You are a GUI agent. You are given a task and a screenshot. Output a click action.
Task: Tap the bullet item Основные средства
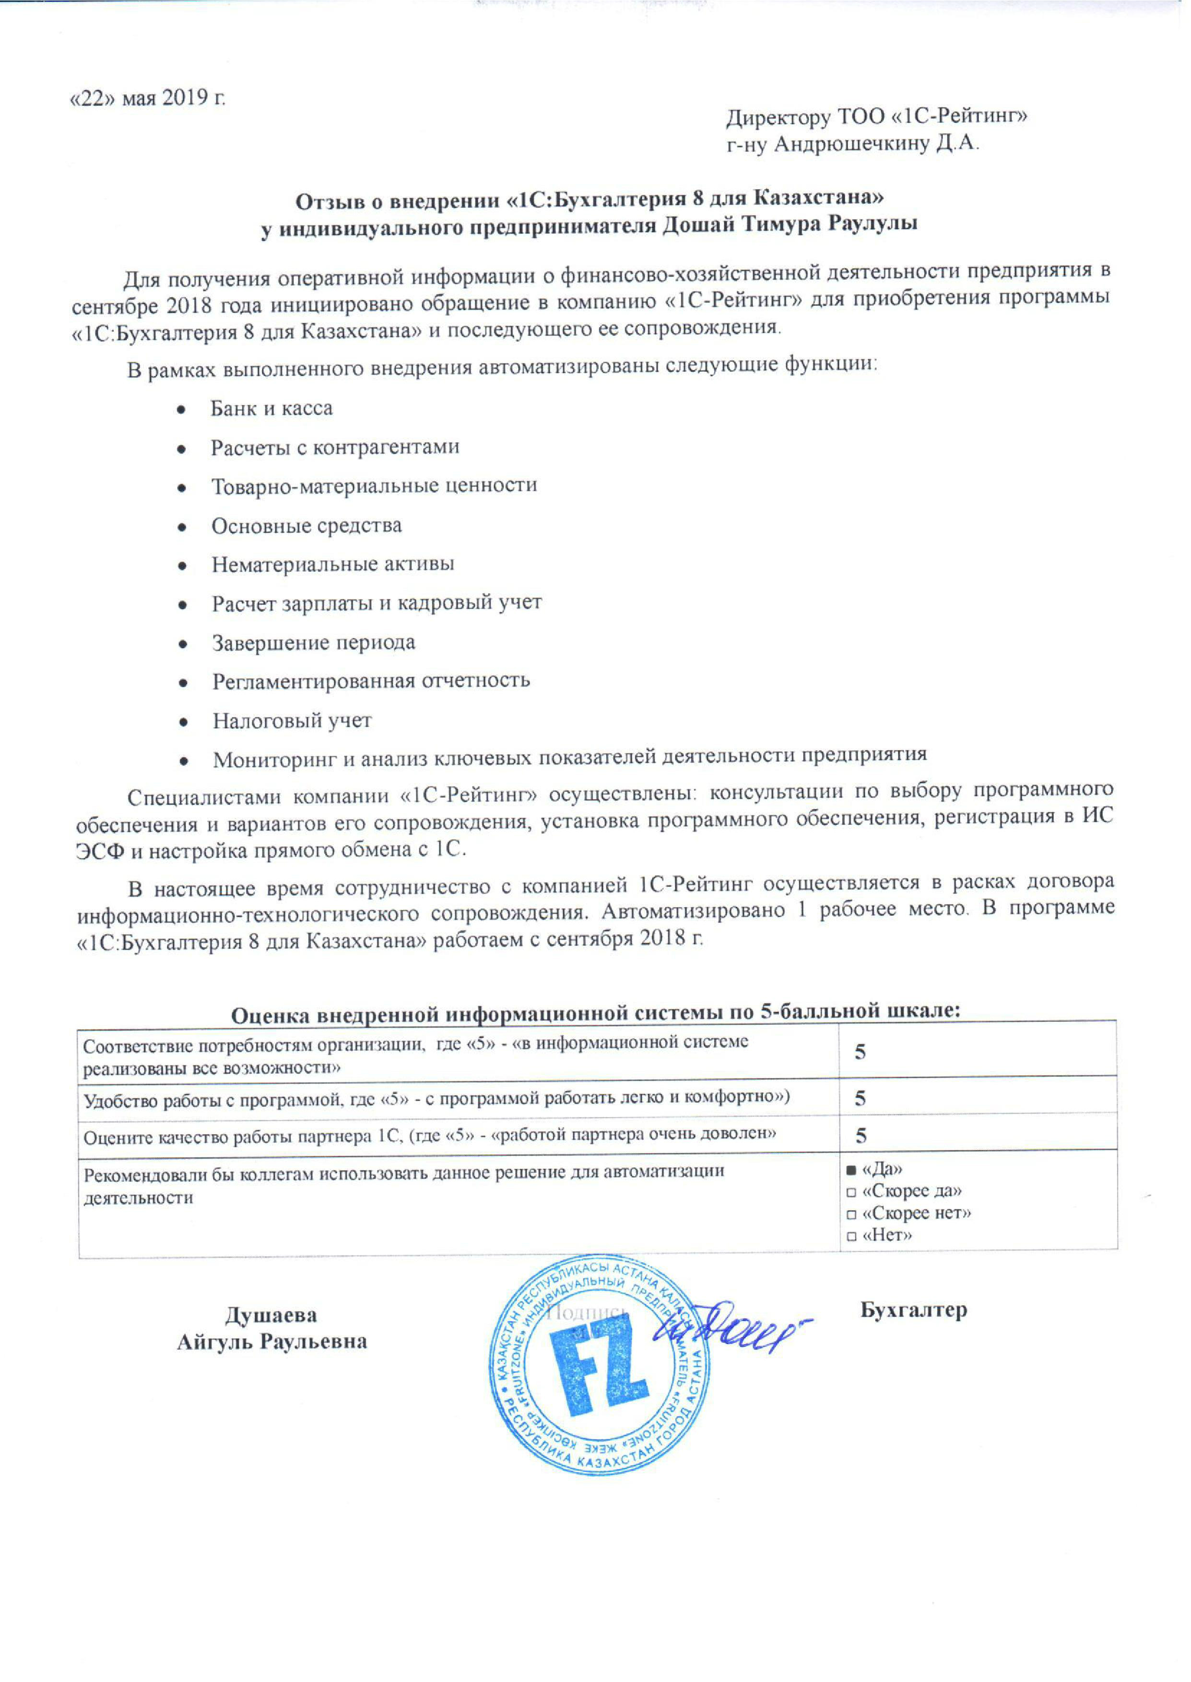pos(307,526)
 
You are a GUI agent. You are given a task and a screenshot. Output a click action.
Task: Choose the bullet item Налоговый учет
pos(292,721)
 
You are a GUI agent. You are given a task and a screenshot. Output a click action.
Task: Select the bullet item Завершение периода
pos(314,643)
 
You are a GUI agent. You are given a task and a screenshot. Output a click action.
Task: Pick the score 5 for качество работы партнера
pos(862,1136)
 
